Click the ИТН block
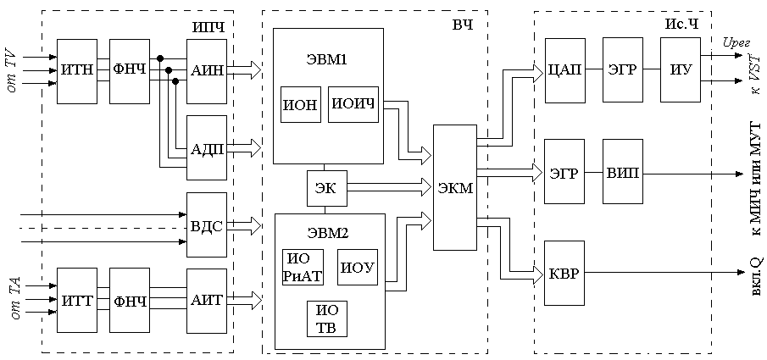tap(77, 70)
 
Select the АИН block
tap(207, 70)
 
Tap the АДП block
tap(207, 147)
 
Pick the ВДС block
tap(207, 226)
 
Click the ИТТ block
tap(77, 300)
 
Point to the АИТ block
tap(207, 300)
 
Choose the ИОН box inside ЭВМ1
tap(300, 104)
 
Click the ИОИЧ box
tap(352, 104)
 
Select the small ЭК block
tap(326, 189)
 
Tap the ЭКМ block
tap(455, 188)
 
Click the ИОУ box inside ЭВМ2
tap(358, 268)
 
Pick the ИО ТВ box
tap(326, 319)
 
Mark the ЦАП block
tap(565, 70)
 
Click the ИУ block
tap(681, 70)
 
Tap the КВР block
tap(565, 274)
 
